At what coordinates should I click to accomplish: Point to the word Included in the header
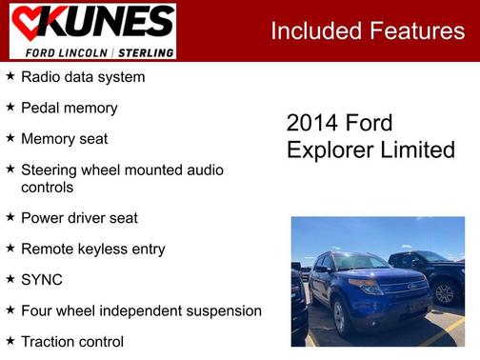[x=313, y=30]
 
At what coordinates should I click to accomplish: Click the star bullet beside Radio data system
[x=10, y=76]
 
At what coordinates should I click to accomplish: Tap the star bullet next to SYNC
[x=10, y=280]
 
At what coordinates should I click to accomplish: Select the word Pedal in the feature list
[x=41, y=108]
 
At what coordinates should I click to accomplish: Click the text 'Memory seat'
[x=64, y=139]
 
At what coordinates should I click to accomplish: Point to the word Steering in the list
[x=53, y=170]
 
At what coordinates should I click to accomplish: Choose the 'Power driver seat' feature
[x=79, y=218]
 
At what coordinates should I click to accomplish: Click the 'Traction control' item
[x=72, y=341]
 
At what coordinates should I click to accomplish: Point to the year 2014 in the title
[x=312, y=124]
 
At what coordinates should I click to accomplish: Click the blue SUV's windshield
[x=357, y=262]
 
